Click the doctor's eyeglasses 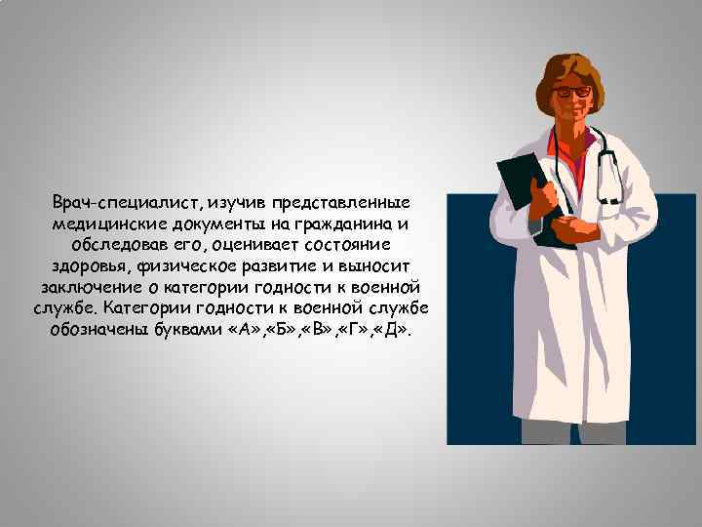571,91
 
